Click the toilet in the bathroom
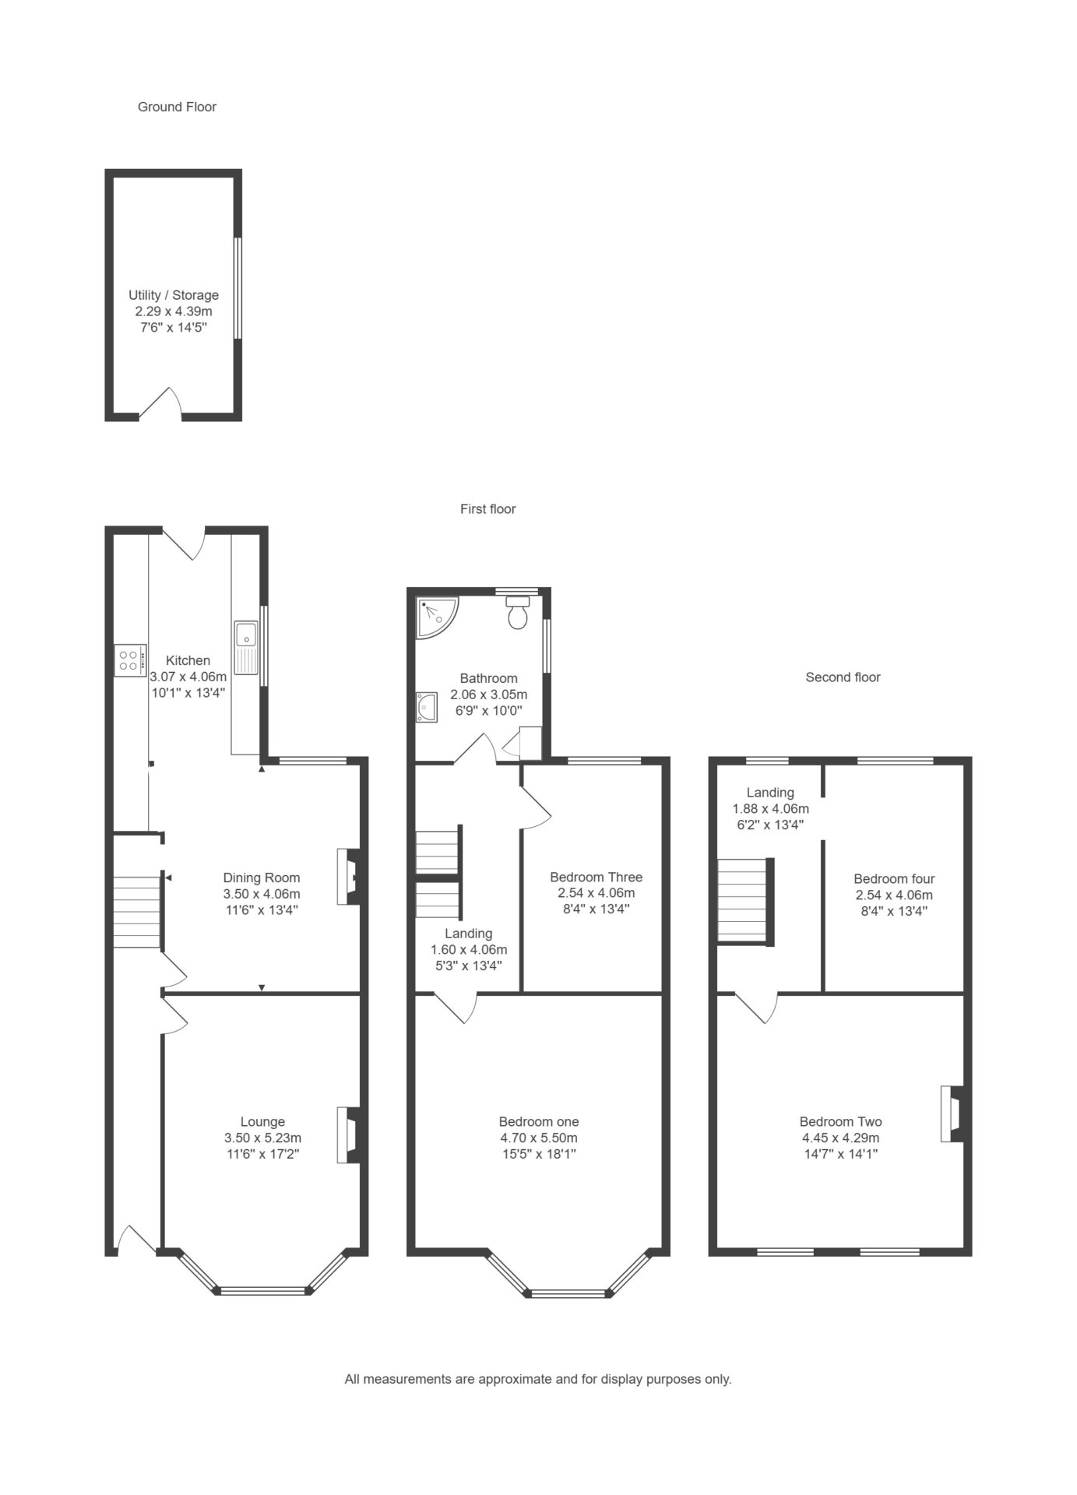coord(518,612)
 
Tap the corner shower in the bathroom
coord(435,615)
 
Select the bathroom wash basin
coord(426,706)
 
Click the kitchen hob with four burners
coord(129,660)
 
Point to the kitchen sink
coord(246,647)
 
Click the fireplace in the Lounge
coord(348,1135)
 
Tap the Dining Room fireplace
coord(348,876)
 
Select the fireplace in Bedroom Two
coord(952,1113)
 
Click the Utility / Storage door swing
coord(160,403)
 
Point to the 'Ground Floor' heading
coord(177,107)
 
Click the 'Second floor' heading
coord(843,677)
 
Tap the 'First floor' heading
coord(487,509)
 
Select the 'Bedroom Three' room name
coord(596,877)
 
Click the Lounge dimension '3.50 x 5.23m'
coord(262,1138)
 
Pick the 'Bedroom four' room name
coord(894,879)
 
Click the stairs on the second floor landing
coord(745,901)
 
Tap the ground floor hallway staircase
coord(138,912)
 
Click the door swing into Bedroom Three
coord(536,806)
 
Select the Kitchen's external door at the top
coord(184,543)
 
